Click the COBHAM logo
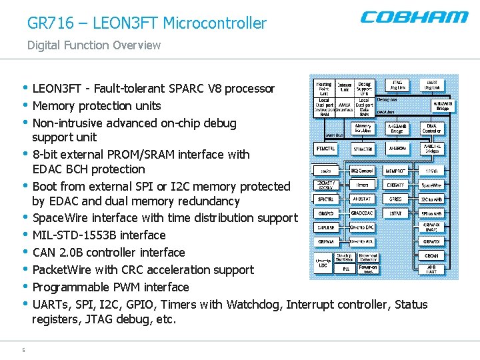[x=414, y=17]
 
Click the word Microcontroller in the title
[x=215, y=23]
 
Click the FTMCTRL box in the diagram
[x=326, y=148]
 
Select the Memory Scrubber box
[x=363, y=127]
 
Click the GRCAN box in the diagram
[x=431, y=255]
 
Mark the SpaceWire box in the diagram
[x=431, y=185]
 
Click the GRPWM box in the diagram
[x=326, y=241]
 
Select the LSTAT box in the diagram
[x=396, y=213]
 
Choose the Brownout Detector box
[x=367, y=256]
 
